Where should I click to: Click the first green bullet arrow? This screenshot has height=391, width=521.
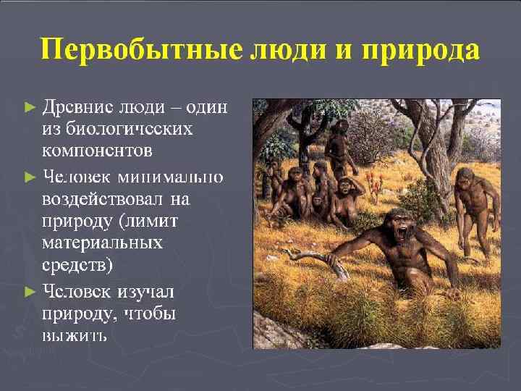tap(30, 106)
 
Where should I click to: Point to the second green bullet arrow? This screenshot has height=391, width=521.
tap(30, 176)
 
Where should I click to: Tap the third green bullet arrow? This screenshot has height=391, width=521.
tap(30, 292)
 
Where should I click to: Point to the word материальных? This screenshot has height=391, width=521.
tap(102, 244)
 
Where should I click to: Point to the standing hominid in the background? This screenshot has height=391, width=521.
tap(338, 148)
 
